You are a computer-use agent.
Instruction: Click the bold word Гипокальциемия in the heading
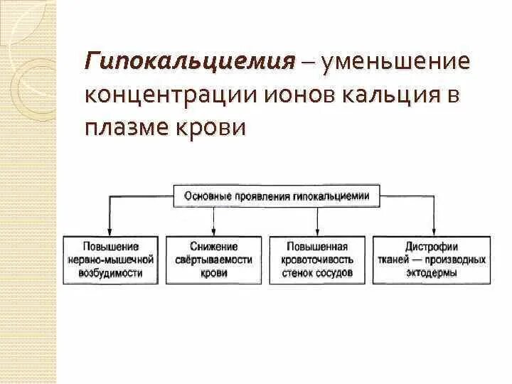[190, 60]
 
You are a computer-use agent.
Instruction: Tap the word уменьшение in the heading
[396, 60]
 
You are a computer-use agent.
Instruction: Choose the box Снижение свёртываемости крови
[213, 260]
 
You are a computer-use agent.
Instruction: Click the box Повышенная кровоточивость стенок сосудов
[316, 260]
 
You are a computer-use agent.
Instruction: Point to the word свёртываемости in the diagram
[213, 260]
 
